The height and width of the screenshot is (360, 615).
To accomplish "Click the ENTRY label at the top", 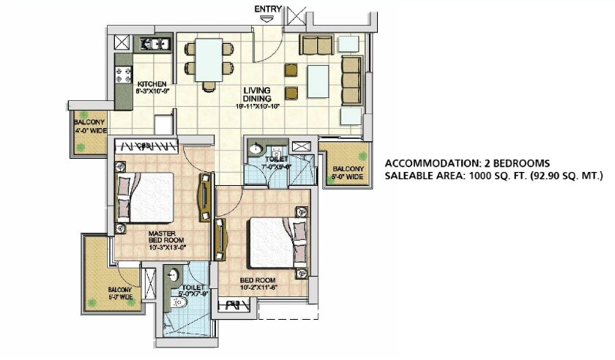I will tap(268, 8).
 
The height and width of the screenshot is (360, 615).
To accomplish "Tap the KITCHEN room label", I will tap(152, 83).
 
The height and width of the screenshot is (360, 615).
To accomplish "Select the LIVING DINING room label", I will tap(257, 94).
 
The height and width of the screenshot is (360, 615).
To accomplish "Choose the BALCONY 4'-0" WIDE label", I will tap(89, 127).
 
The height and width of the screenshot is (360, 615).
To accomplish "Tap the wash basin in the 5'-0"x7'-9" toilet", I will tap(172, 277).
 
